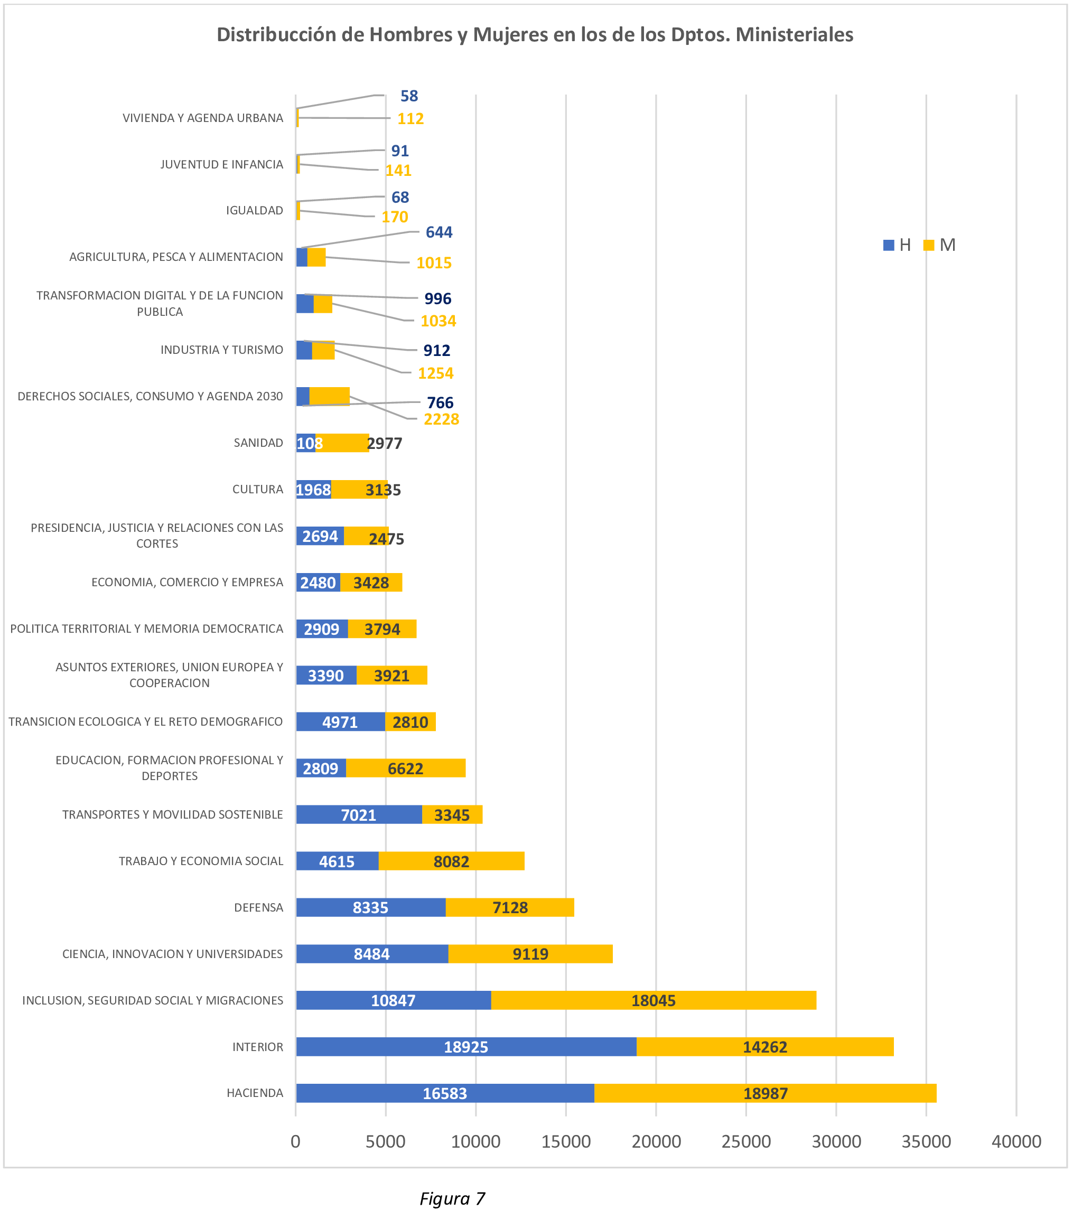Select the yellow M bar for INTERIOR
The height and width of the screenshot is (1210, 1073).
coord(764,1047)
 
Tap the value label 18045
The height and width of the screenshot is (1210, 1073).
coord(653,1000)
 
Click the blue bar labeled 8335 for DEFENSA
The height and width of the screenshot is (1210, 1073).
coord(370,907)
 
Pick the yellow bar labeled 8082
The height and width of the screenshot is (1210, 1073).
coord(451,861)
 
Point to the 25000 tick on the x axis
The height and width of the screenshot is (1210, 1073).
coord(745,1142)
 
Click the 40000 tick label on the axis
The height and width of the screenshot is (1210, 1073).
coord(1016,1142)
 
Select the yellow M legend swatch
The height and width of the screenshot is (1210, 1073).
coord(929,245)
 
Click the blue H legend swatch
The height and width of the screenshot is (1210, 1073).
coord(888,245)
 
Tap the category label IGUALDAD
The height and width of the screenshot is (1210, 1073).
coord(254,210)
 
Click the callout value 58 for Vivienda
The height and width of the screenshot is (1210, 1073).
coord(409,96)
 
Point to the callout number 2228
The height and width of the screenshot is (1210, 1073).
coord(441,419)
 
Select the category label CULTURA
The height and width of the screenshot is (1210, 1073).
coord(258,489)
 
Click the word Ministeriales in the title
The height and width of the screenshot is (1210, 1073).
coord(794,34)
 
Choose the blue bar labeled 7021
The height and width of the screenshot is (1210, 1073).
coord(358,814)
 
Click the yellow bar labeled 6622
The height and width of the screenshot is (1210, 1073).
coord(405,768)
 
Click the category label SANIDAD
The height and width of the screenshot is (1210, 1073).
coord(258,443)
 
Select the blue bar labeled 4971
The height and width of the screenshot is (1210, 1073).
coord(340,722)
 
